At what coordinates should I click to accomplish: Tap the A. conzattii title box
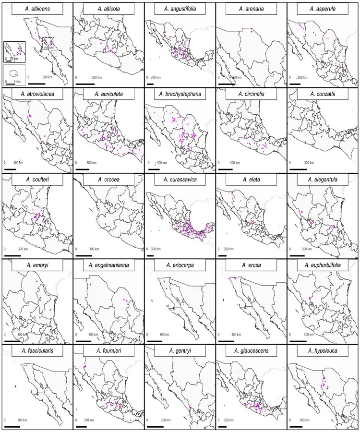[x=323, y=95]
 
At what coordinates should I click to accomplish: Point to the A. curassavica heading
[x=179, y=180]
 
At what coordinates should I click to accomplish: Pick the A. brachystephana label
[x=179, y=95]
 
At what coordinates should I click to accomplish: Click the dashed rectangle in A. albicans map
[x=48, y=43]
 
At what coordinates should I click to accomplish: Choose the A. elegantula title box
[x=323, y=180]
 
